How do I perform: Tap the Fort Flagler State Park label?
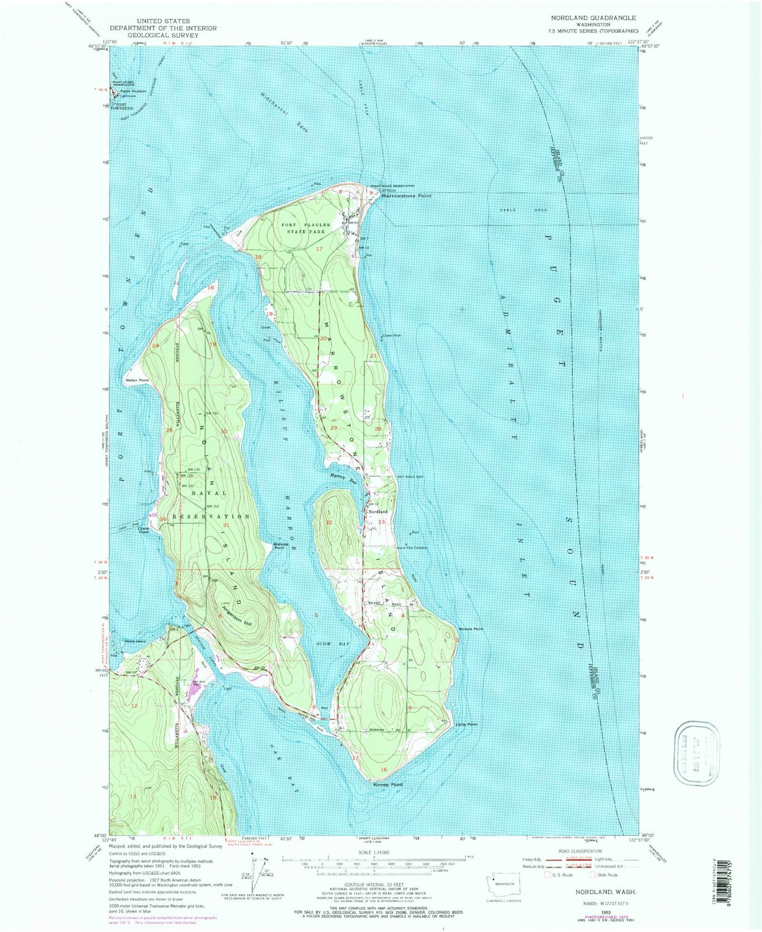(x=306, y=228)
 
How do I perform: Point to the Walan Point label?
(x=137, y=380)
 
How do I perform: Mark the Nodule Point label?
(x=471, y=629)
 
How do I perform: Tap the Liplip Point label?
(x=467, y=724)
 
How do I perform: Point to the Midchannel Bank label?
(x=285, y=112)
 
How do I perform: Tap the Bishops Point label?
(x=279, y=546)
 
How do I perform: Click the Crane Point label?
(x=143, y=530)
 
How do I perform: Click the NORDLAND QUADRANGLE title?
(x=593, y=18)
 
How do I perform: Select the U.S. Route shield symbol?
(x=548, y=875)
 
